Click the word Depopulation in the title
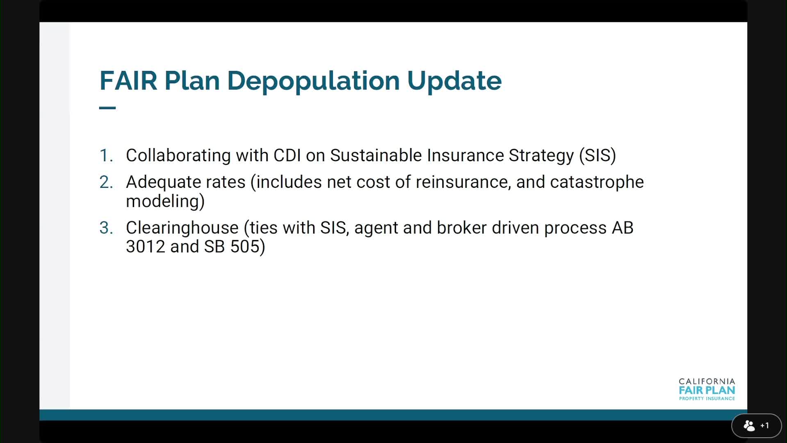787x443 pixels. [x=314, y=81]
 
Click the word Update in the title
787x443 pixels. [x=454, y=81]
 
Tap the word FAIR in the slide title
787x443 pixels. [x=128, y=80]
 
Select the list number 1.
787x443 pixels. [x=106, y=155]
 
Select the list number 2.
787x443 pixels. [x=106, y=182]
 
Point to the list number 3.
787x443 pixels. [x=106, y=228]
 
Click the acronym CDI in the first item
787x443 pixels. [x=287, y=155]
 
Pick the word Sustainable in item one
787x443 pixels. [x=376, y=155]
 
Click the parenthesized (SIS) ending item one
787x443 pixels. [x=597, y=156]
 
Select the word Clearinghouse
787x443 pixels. [x=182, y=228]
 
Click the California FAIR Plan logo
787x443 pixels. [x=707, y=389]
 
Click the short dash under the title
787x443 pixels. [x=107, y=108]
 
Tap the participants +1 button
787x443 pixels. [x=756, y=426]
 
